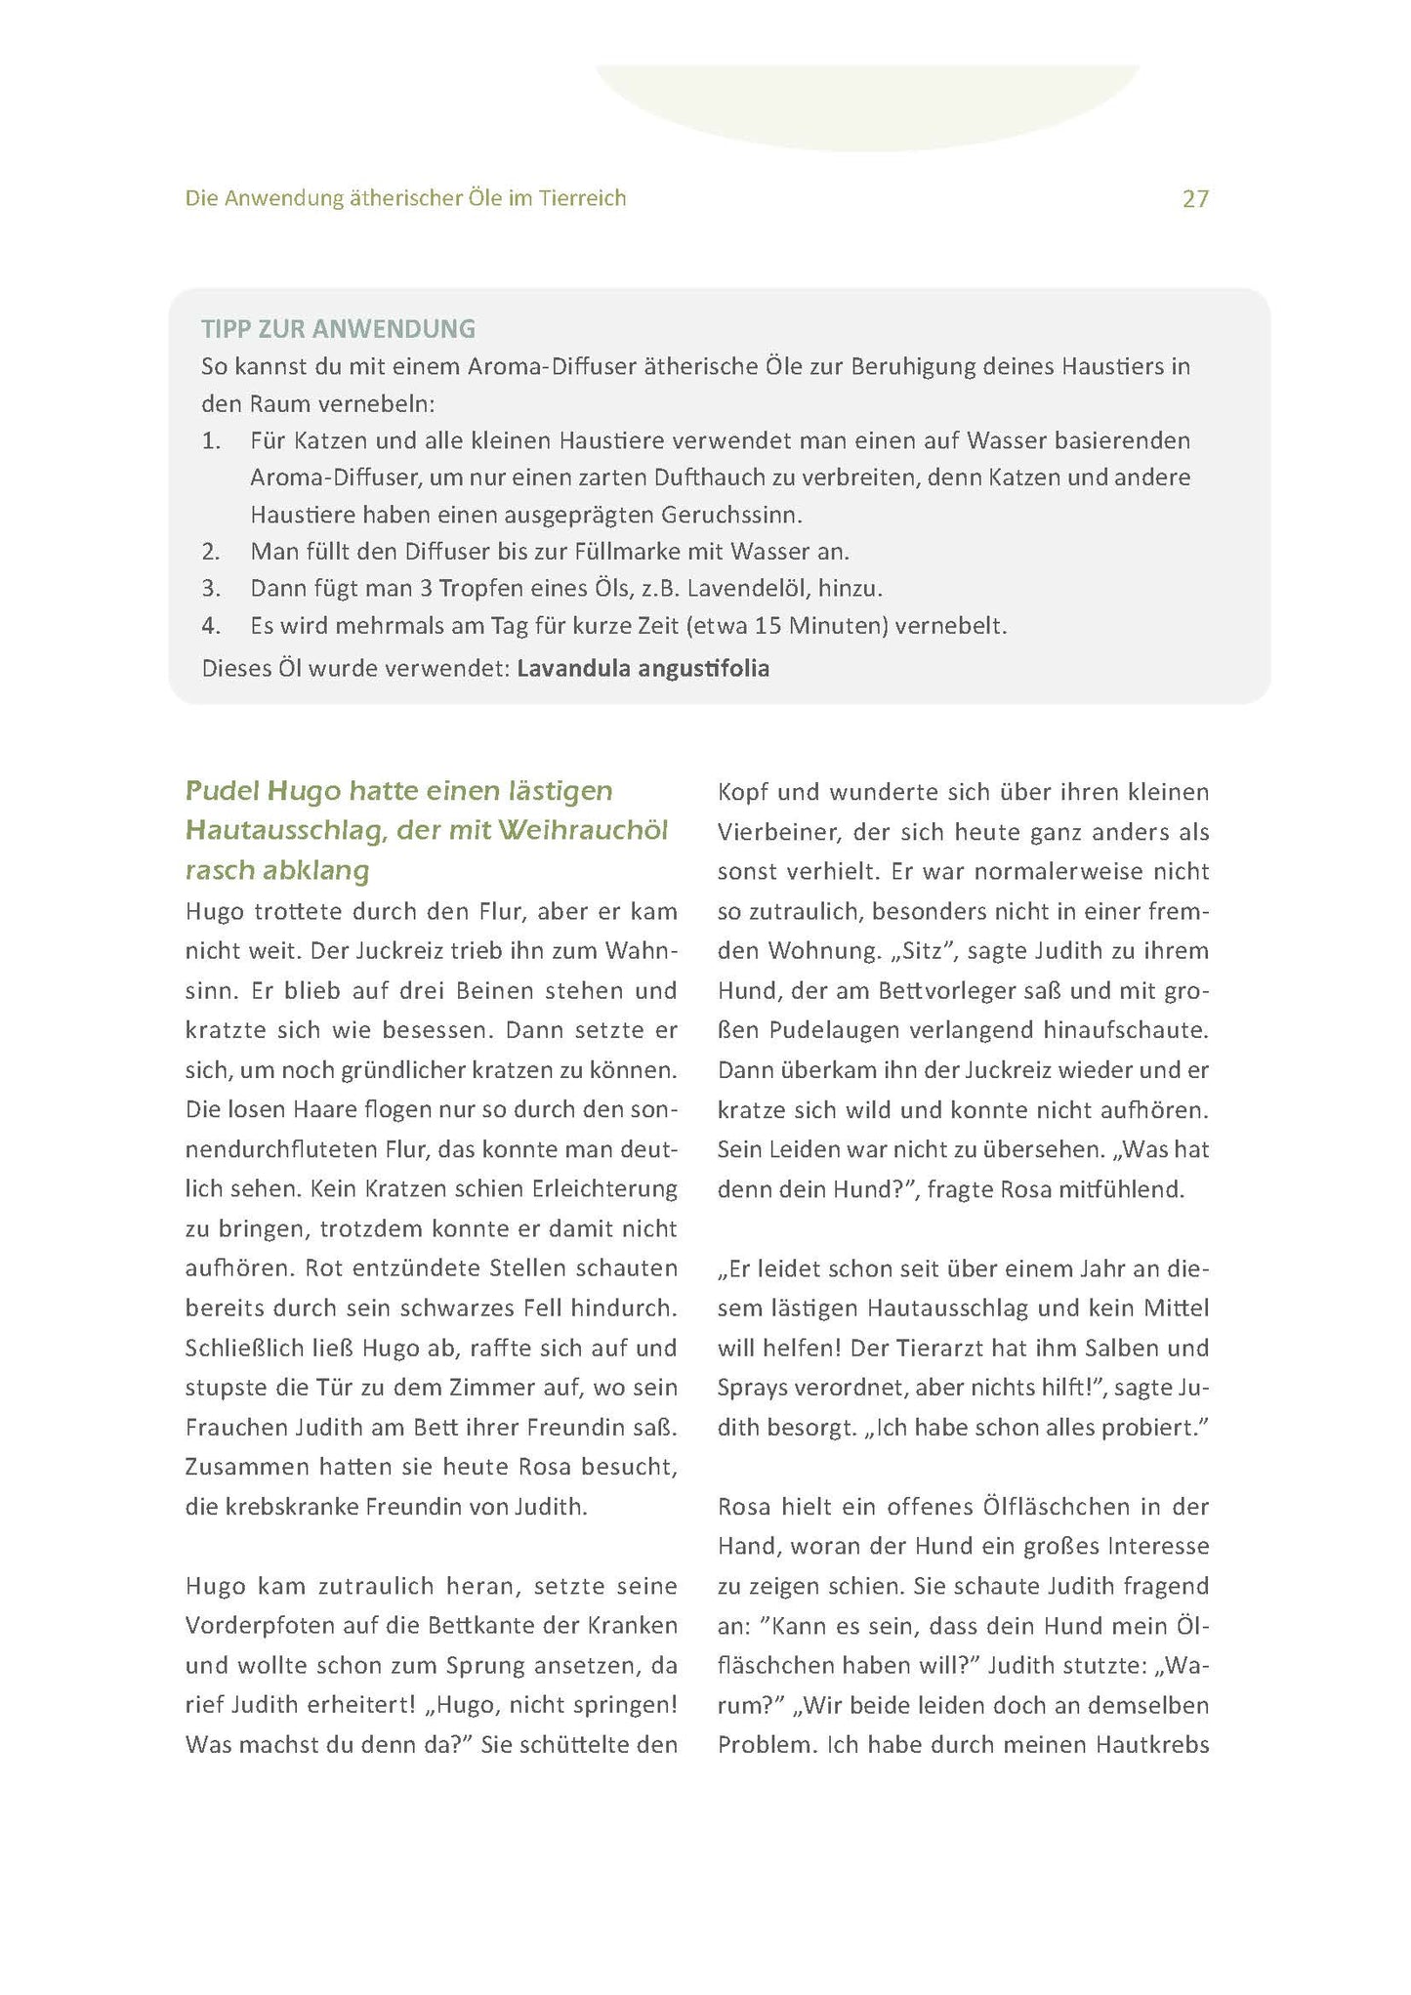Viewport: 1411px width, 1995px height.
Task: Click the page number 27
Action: [x=1195, y=199]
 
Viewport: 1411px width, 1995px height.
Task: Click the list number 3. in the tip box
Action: [x=212, y=589]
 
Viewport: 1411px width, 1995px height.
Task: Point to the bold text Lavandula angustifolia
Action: [x=643, y=669]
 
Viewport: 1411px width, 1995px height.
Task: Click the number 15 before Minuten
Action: [x=768, y=626]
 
